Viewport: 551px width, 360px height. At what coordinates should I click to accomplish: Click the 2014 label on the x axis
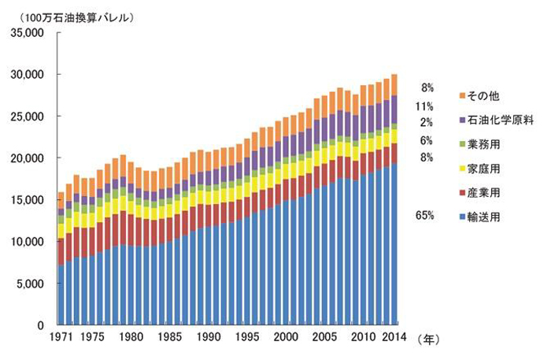pos(394,337)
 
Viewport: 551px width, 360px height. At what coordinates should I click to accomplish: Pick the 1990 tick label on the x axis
pos(208,337)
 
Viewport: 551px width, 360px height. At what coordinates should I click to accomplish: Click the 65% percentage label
pos(425,214)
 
